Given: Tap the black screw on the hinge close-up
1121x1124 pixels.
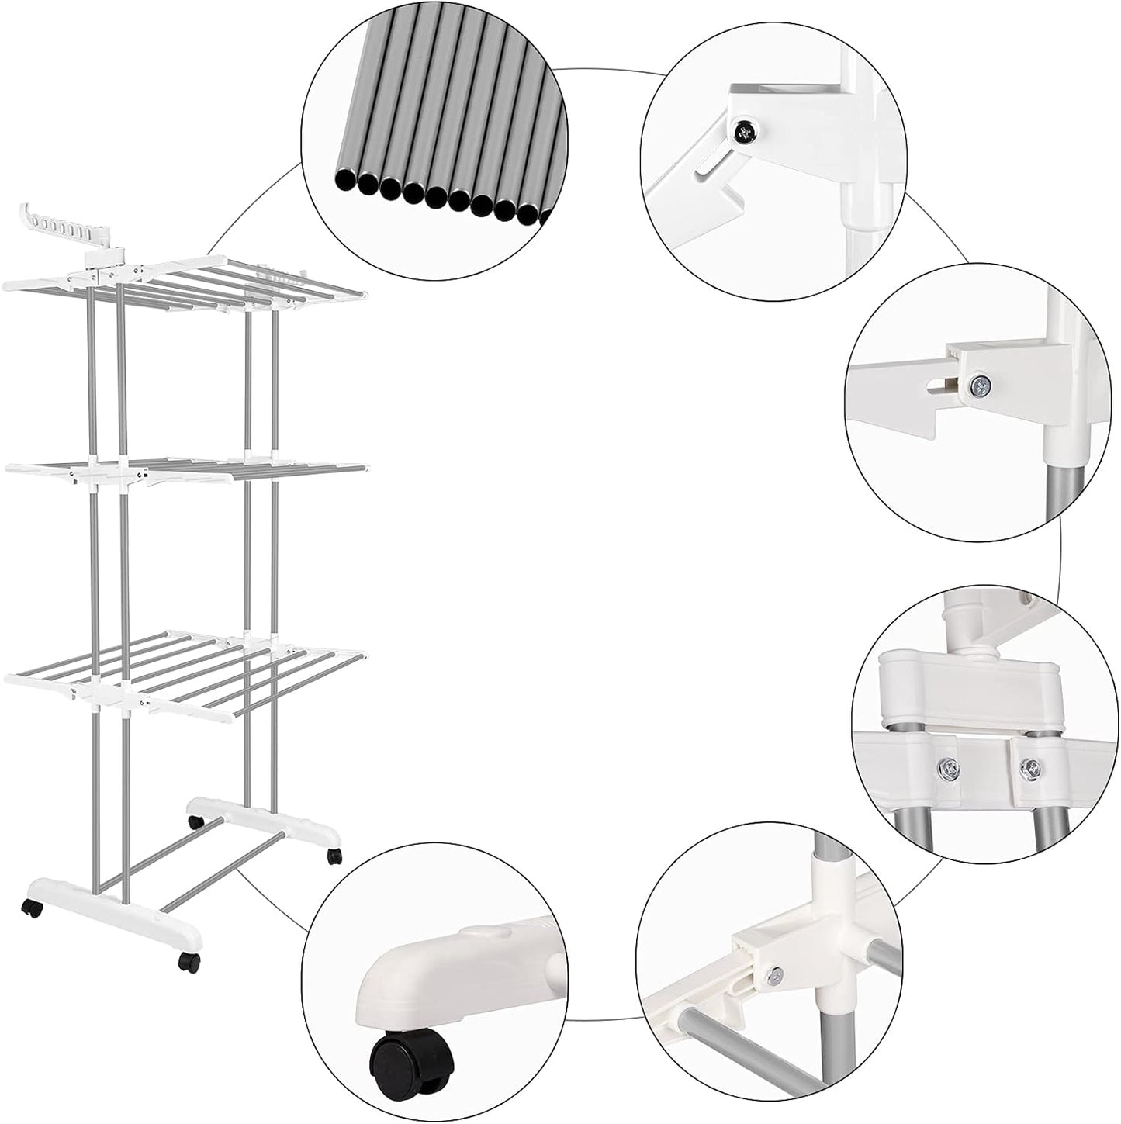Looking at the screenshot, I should pyautogui.click(x=746, y=134).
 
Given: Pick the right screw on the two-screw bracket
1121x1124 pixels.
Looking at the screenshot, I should pyautogui.click(x=1029, y=768).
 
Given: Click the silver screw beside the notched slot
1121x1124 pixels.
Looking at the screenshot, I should pyautogui.click(x=981, y=382).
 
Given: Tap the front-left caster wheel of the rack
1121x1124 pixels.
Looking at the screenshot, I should pyautogui.click(x=33, y=909).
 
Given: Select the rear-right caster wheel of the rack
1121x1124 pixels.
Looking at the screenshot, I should pyautogui.click(x=334, y=856).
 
